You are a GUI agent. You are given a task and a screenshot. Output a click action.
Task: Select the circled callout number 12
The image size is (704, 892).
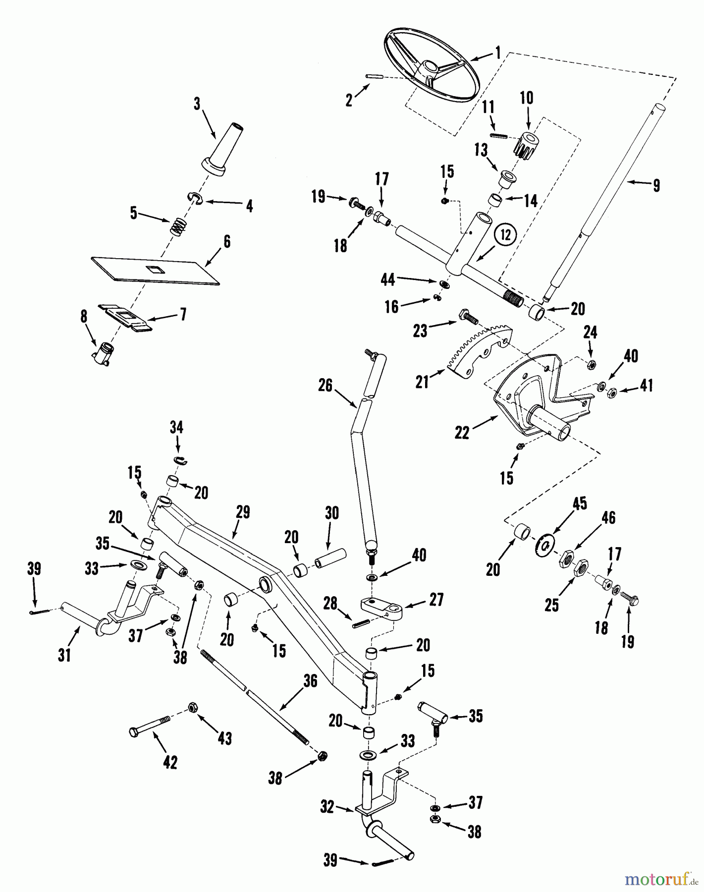[505, 235]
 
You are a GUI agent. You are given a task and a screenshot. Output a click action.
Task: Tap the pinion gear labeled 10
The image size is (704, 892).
[528, 144]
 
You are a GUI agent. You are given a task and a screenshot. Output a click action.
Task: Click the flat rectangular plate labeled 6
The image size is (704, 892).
[156, 270]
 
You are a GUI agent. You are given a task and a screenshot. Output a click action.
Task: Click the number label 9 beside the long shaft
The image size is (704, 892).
[656, 185]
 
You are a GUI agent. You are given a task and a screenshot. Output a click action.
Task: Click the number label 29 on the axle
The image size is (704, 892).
[243, 512]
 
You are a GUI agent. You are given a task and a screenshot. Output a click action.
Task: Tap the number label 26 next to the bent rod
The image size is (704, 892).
[325, 385]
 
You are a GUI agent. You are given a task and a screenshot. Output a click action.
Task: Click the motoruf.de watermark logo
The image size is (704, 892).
[661, 879]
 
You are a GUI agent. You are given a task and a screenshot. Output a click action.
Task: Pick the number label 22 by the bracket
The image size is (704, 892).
[462, 433]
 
